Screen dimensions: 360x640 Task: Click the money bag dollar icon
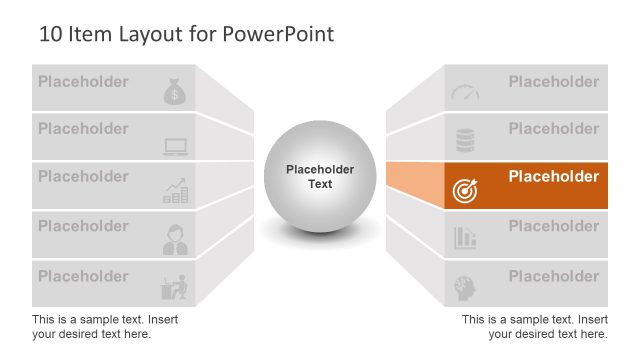(x=175, y=93)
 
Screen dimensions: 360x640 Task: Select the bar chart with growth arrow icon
(x=175, y=191)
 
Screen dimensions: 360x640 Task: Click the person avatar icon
(x=175, y=239)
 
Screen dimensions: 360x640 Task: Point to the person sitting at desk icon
(x=175, y=287)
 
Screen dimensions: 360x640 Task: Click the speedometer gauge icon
(x=465, y=93)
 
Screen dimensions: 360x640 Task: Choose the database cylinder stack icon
(x=465, y=139)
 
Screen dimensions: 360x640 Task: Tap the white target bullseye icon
(x=465, y=190)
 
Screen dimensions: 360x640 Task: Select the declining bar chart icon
(x=465, y=238)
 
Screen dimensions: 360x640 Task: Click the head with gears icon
(x=465, y=287)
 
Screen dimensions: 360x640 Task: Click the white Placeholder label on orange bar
(x=553, y=177)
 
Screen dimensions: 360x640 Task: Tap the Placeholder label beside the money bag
(x=83, y=82)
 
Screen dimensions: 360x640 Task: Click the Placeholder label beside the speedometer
(x=553, y=82)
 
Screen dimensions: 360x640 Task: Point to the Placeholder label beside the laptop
(x=83, y=129)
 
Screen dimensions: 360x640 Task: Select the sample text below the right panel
(x=534, y=326)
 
